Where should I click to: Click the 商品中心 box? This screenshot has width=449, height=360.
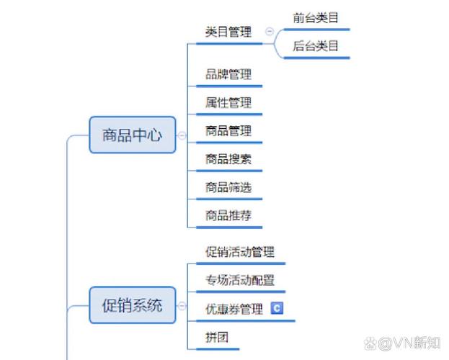click(x=132, y=135)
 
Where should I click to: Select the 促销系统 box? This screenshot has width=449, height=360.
click(x=132, y=305)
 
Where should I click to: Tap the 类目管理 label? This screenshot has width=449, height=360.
click(x=228, y=32)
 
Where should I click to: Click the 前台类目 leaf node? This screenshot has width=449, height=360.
click(x=316, y=18)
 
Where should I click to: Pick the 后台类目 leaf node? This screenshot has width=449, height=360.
click(x=316, y=46)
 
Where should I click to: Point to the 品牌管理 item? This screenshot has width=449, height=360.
click(x=228, y=74)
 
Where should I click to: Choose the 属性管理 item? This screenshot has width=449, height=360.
click(x=228, y=102)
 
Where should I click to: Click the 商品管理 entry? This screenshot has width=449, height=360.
click(x=228, y=130)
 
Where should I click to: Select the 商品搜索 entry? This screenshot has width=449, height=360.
click(x=228, y=158)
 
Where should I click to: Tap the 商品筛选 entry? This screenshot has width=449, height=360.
click(x=228, y=187)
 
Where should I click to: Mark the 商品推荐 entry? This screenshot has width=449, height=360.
click(x=228, y=215)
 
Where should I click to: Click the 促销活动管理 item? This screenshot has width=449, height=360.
click(x=240, y=252)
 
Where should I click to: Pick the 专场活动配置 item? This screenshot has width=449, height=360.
click(x=240, y=280)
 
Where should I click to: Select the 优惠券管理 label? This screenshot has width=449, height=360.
click(x=234, y=309)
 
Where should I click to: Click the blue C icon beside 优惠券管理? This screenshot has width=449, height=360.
click(x=277, y=308)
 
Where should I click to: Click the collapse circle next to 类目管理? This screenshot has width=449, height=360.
click(x=270, y=32)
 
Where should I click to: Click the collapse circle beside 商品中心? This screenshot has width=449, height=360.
click(x=182, y=135)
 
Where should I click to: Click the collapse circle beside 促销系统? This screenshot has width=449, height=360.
click(x=182, y=305)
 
